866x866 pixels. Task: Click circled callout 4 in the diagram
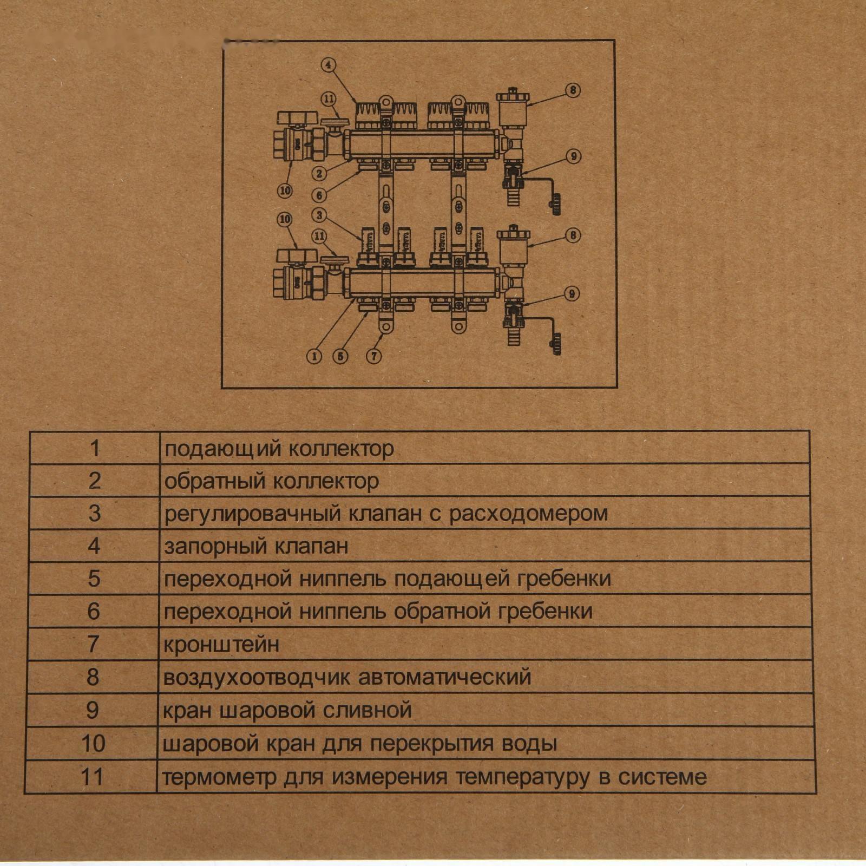(329, 65)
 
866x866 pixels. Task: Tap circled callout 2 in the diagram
(319, 173)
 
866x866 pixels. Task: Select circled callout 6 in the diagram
(319, 195)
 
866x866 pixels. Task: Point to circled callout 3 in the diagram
(319, 215)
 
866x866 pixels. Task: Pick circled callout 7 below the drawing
(374, 356)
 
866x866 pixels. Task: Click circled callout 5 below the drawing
(340, 356)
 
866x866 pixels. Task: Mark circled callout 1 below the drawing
(314, 356)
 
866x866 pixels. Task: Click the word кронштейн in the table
(221, 645)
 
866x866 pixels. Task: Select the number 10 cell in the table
(93, 744)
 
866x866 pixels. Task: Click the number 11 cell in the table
(91, 777)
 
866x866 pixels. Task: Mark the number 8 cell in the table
(93, 677)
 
